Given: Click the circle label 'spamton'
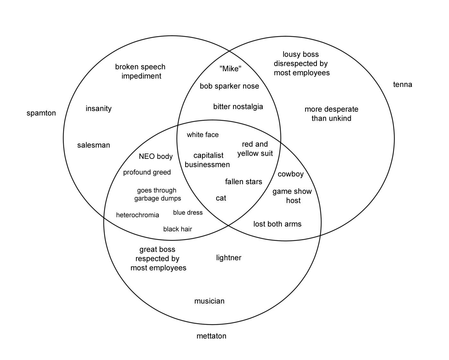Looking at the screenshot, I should (41, 113).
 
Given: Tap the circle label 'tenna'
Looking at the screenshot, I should (402, 84).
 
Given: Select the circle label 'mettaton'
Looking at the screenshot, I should (211, 336).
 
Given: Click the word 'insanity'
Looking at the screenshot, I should (98, 108).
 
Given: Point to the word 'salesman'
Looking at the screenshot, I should (94, 145).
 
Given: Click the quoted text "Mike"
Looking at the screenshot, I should (230, 68).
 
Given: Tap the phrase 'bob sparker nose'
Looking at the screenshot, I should (229, 86).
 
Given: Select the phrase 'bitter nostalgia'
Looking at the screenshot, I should (238, 107).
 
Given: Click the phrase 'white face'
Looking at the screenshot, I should (203, 135).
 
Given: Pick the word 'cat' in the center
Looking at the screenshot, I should (221, 198).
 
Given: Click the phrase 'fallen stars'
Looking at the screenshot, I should (243, 182).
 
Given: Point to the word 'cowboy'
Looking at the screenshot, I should (291, 174).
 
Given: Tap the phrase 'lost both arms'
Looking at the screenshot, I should (277, 224).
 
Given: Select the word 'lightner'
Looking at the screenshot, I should (229, 258).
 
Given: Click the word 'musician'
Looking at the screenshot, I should (209, 301).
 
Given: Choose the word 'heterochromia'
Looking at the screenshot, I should (138, 215).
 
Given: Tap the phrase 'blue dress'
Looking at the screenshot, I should (188, 212).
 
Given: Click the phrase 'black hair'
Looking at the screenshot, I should (178, 229).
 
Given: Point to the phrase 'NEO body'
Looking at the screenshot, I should (156, 156).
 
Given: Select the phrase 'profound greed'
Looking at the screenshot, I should (147, 172).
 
